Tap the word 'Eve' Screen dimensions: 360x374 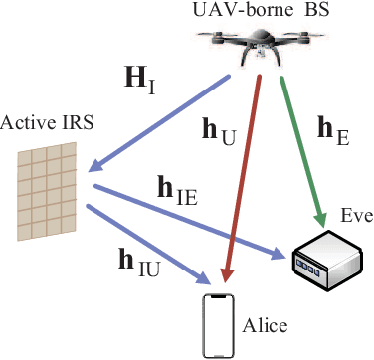[x=355, y=214]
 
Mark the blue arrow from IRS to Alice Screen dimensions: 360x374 [x=149, y=242]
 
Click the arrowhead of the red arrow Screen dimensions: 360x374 [x=227, y=276]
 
